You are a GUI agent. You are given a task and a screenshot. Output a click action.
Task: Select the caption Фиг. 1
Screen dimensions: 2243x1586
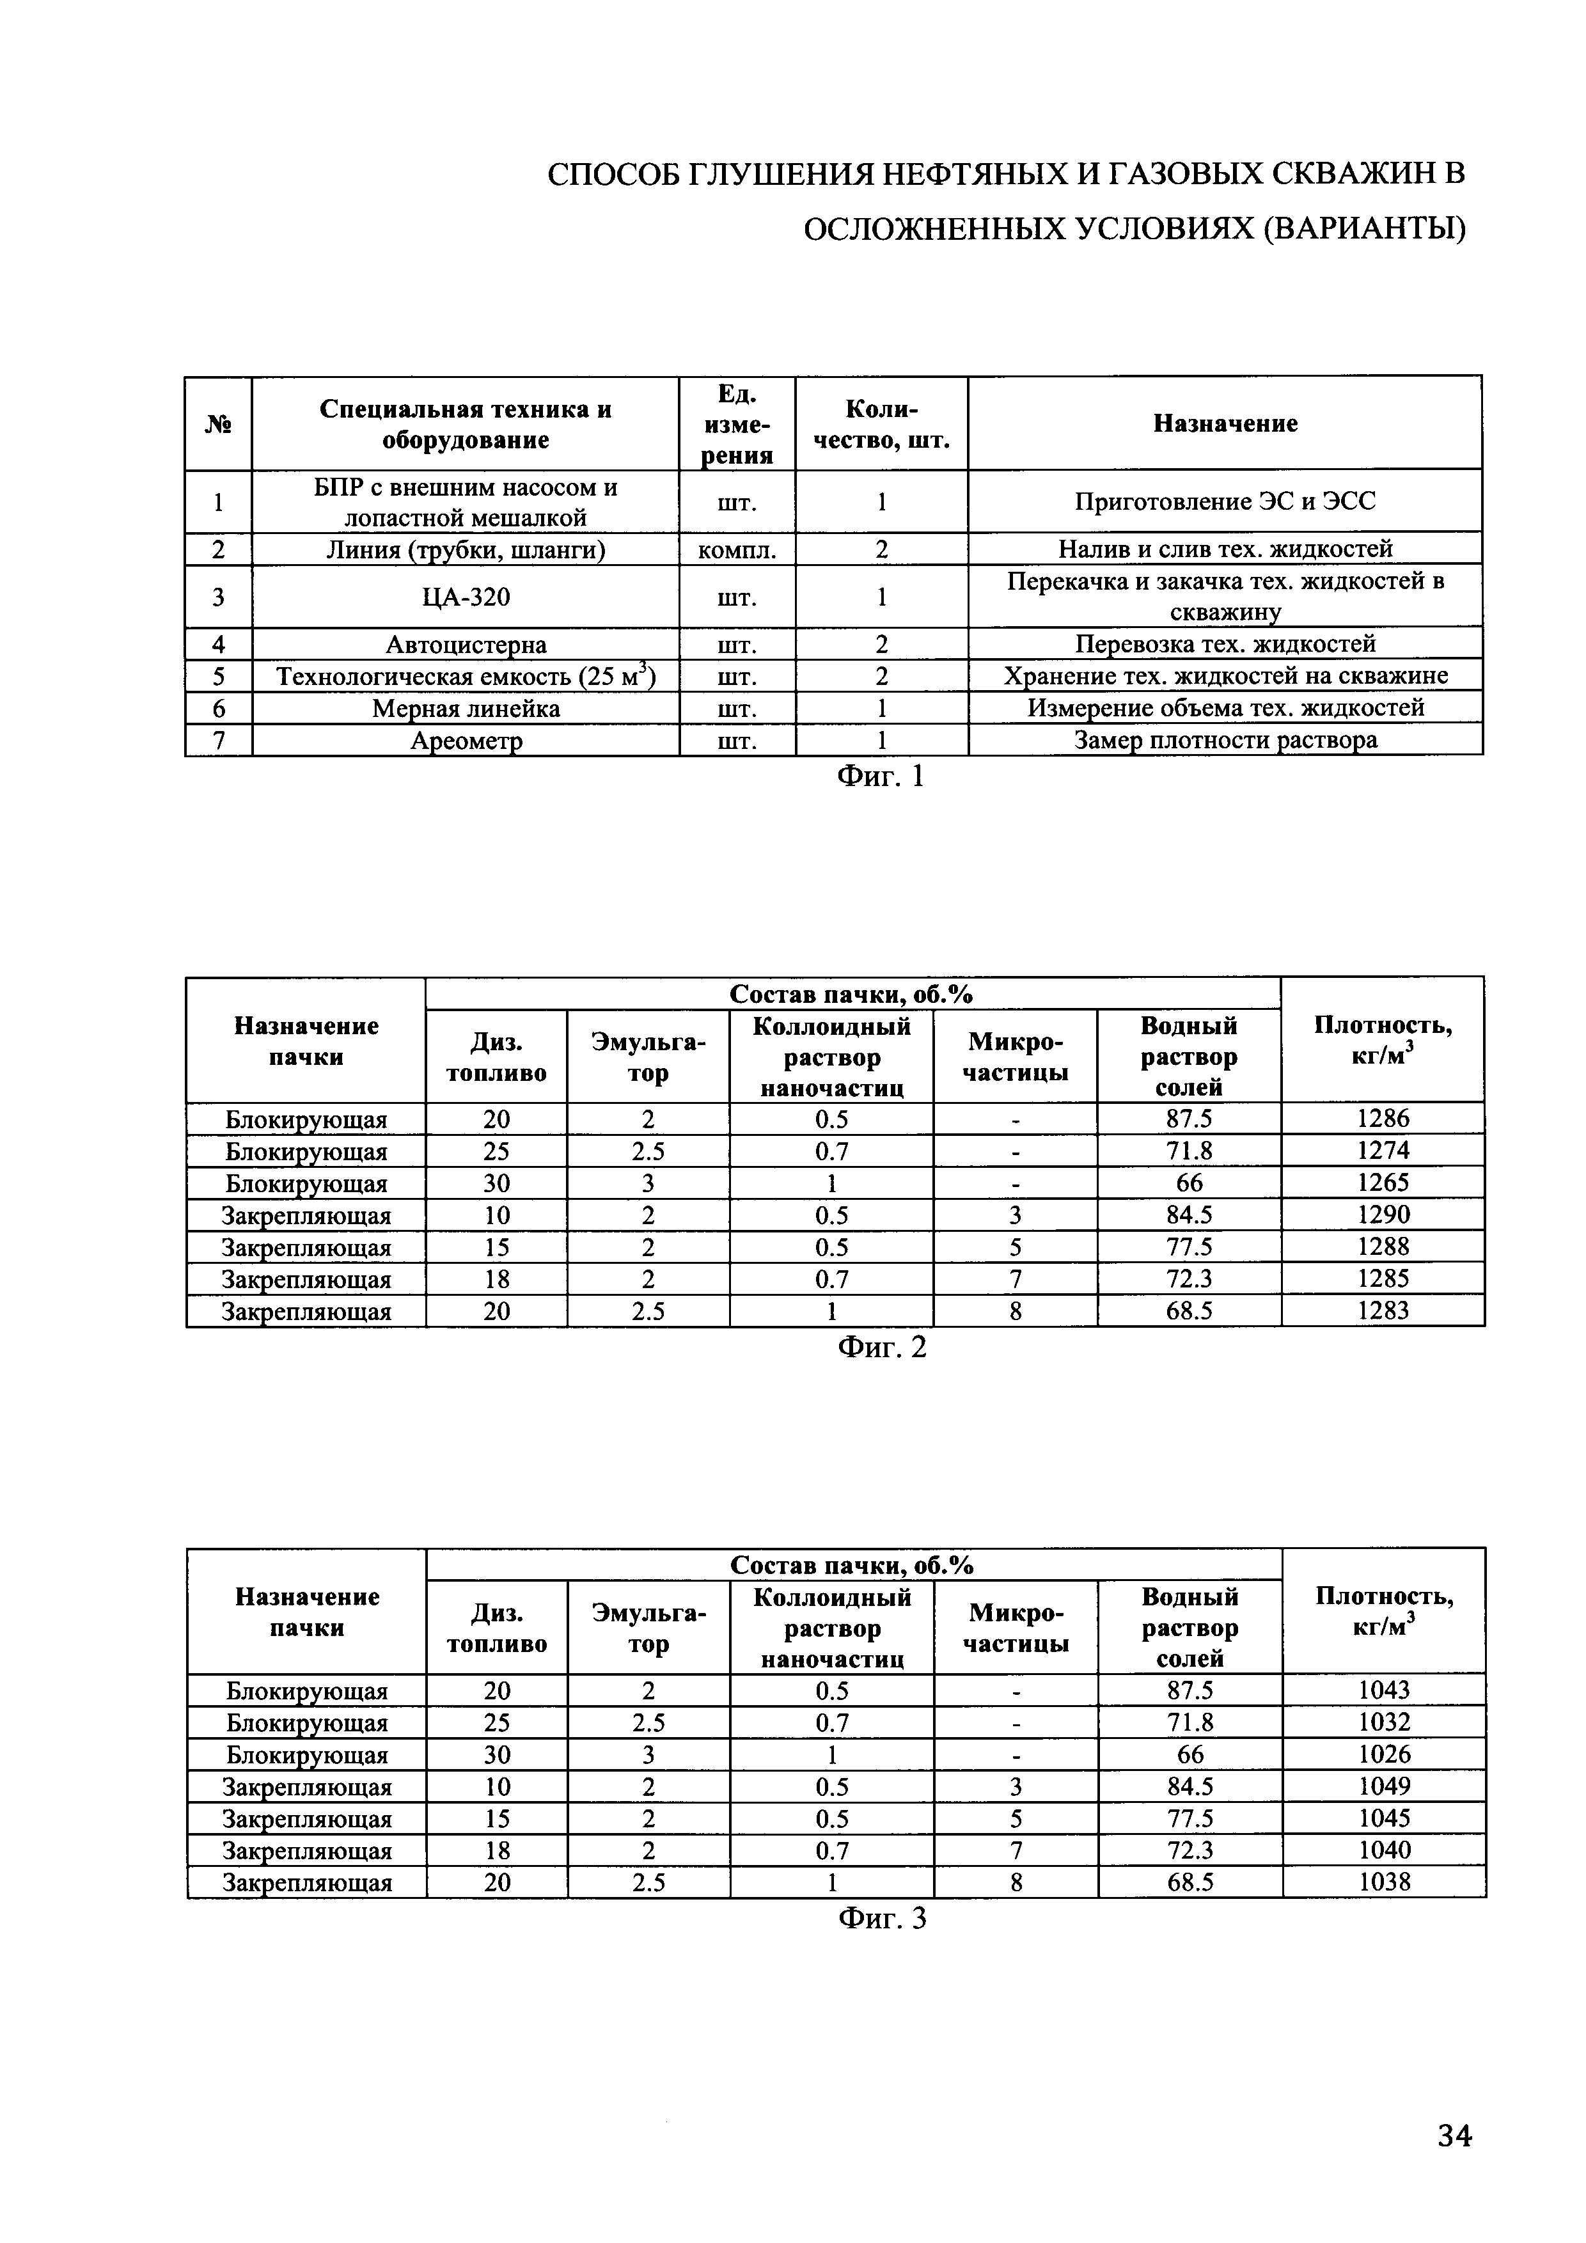click(x=880, y=776)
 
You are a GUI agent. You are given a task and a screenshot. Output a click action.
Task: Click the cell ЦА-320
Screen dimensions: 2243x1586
click(x=466, y=597)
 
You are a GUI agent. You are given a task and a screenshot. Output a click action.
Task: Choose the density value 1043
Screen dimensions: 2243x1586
click(x=1384, y=1690)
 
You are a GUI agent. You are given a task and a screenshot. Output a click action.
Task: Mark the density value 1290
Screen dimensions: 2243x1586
click(x=1383, y=1215)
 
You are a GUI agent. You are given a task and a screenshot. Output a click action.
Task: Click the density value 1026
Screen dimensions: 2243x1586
click(x=1384, y=1754)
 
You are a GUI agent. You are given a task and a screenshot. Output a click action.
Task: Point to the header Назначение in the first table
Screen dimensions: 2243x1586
click(x=1225, y=423)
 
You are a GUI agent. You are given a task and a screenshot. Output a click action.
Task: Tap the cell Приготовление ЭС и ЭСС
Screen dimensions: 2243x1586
click(x=1225, y=502)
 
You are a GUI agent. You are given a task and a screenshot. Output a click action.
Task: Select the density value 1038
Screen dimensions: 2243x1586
click(x=1384, y=1882)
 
